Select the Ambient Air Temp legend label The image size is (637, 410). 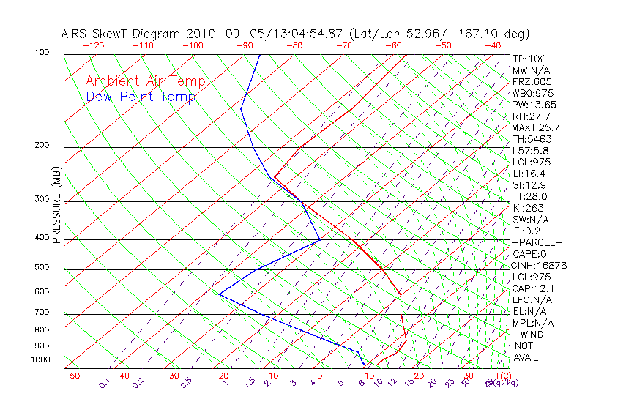146,82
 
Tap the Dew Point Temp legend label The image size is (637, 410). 141,97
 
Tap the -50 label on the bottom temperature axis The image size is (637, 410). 71,376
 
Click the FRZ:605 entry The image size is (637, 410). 532,82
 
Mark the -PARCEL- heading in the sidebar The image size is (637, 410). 537,242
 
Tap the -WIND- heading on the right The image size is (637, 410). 532,334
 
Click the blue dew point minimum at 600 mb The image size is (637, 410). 219,294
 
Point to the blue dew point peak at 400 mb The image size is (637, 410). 320,239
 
